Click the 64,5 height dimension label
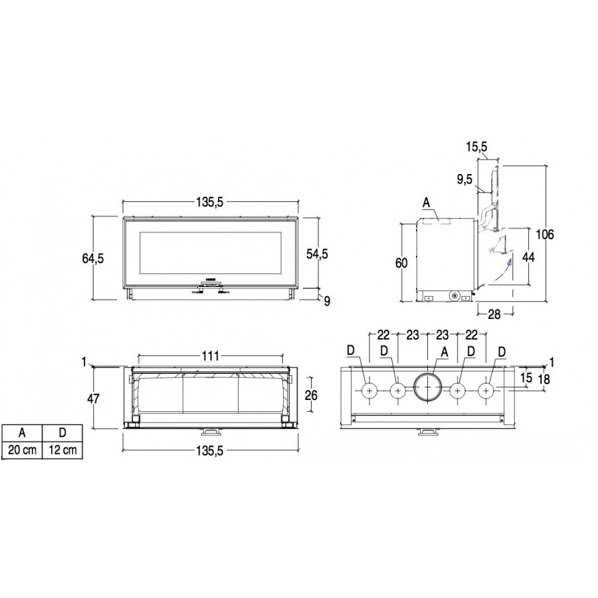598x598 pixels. (x=92, y=258)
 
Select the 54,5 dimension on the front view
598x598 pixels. (x=317, y=254)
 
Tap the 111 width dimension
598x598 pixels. (x=210, y=356)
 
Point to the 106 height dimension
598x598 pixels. (x=545, y=234)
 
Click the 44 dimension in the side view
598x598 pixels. (x=528, y=257)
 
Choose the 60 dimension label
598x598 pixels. (x=401, y=263)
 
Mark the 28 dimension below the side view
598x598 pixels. (x=494, y=314)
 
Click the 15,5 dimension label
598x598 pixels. (x=476, y=146)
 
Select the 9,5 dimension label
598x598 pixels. (x=464, y=179)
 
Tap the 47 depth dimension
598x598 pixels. (x=93, y=399)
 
